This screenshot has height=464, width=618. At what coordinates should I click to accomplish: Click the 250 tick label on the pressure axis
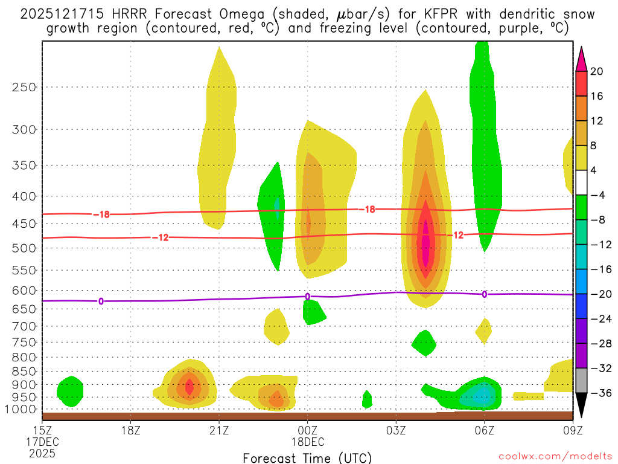coord(24,87)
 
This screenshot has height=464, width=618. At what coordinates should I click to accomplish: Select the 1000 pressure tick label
coord(21,409)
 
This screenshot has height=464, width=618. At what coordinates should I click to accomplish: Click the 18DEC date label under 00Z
coord(308,441)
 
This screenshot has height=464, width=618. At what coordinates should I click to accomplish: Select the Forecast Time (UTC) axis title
coord(307,457)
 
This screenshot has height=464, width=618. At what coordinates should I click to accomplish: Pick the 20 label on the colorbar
coord(597,71)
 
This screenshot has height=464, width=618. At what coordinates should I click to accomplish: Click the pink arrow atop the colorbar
coord(581,59)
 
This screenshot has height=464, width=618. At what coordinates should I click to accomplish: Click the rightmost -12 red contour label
coord(457,234)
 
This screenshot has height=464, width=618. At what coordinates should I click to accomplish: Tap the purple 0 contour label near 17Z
coord(101,300)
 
